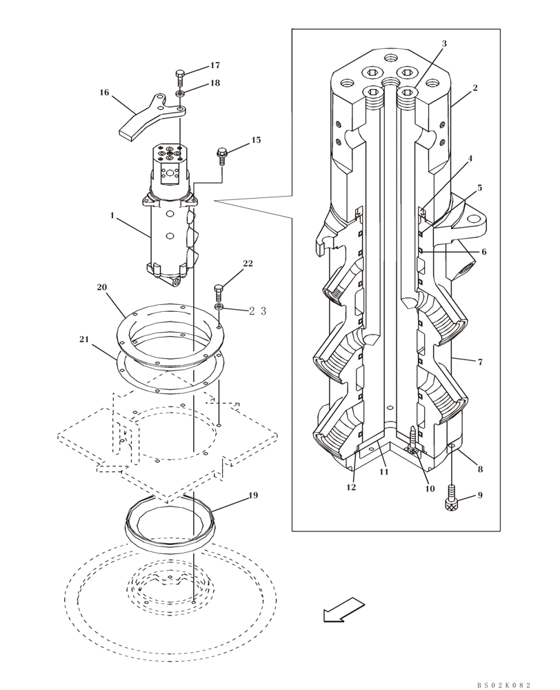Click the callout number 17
click(215, 66)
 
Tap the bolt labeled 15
click(222, 155)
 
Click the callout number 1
click(112, 216)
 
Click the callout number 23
click(257, 311)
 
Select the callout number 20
click(102, 287)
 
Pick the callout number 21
click(84, 339)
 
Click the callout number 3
click(444, 43)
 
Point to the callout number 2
click(475, 88)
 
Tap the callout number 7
click(479, 361)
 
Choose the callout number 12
click(351, 487)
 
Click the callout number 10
click(430, 489)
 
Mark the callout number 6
click(483, 252)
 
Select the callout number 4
click(470, 158)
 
